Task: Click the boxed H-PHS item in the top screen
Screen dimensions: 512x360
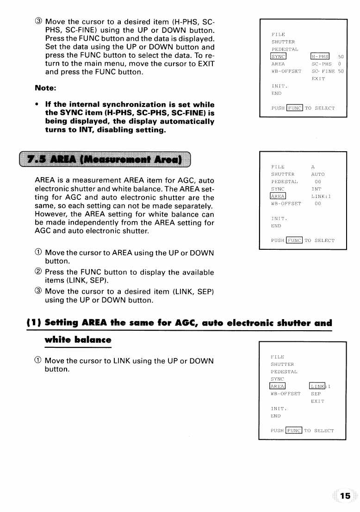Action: click(x=320, y=56)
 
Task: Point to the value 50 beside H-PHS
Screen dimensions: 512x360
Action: click(x=341, y=56)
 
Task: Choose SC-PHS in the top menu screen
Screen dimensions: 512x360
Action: click(x=322, y=64)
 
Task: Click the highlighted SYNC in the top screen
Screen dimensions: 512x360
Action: click(x=279, y=56)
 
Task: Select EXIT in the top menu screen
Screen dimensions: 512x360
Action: click(x=318, y=79)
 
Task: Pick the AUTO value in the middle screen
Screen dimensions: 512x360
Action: click(x=318, y=174)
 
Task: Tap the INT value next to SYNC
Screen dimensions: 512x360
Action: click(x=317, y=189)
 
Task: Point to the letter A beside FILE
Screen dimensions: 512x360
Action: click(x=313, y=167)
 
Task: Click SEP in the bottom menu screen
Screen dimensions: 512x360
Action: click(x=316, y=394)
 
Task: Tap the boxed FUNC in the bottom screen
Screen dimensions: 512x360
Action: click(x=294, y=431)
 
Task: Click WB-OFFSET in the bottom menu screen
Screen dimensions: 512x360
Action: click(x=286, y=394)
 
